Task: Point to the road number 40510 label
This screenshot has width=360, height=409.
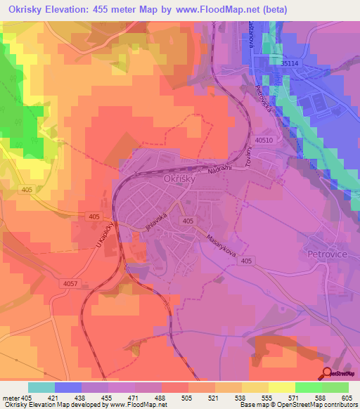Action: tap(264, 141)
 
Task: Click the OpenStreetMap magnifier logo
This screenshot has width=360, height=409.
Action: tap(327, 374)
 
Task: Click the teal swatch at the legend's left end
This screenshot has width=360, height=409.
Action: tap(41, 387)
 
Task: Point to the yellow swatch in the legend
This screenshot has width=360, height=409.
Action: tap(282, 387)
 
